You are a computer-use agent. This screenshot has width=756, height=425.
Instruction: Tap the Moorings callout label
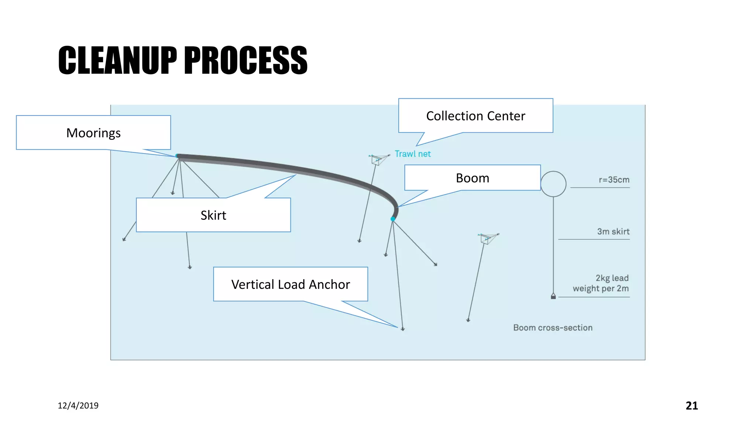pyautogui.click(x=93, y=133)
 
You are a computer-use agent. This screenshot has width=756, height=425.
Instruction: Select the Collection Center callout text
pyautogui.click(x=475, y=116)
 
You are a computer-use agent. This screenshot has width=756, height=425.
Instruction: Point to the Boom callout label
pyautogui.click(x=472, y=178)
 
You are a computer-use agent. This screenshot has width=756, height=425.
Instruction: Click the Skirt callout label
pyautogui.click(x=213, y=215)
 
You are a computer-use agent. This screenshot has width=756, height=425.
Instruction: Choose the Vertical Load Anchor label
pyautogui.click(x=291, y=284)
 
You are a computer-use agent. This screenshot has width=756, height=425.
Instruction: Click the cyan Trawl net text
pyautogui.click(x=413, y=154)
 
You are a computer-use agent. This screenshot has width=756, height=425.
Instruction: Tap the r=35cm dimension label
pyautogui.click(x=614, y=180)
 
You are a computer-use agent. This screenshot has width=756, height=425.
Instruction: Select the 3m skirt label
pyautogui.click(x=613, y=231)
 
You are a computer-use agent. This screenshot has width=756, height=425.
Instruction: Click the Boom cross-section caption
pyautogui.click(x=553, y=328)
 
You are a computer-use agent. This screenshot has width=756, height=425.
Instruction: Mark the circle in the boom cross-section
pyautogui.click(x=553, y=184)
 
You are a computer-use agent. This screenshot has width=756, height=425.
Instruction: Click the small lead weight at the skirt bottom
pyautogui.click(x=553, y=296)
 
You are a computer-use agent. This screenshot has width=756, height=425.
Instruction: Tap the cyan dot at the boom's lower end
pyautogui.click(x=393, y=219)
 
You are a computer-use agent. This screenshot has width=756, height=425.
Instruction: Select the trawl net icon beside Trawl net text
pyautogui.click(x=377, y=159)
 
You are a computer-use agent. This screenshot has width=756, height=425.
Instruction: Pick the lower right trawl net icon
pyautogui.click(x=487, y=238)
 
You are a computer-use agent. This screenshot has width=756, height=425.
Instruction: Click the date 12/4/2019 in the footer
pyautogui.click(x=78, y=405)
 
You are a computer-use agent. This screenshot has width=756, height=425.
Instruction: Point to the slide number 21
pyautogui.click(x=691, y=405)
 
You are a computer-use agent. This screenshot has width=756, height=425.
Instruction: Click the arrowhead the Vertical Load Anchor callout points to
pyautogui.click(x=403, y=329)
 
